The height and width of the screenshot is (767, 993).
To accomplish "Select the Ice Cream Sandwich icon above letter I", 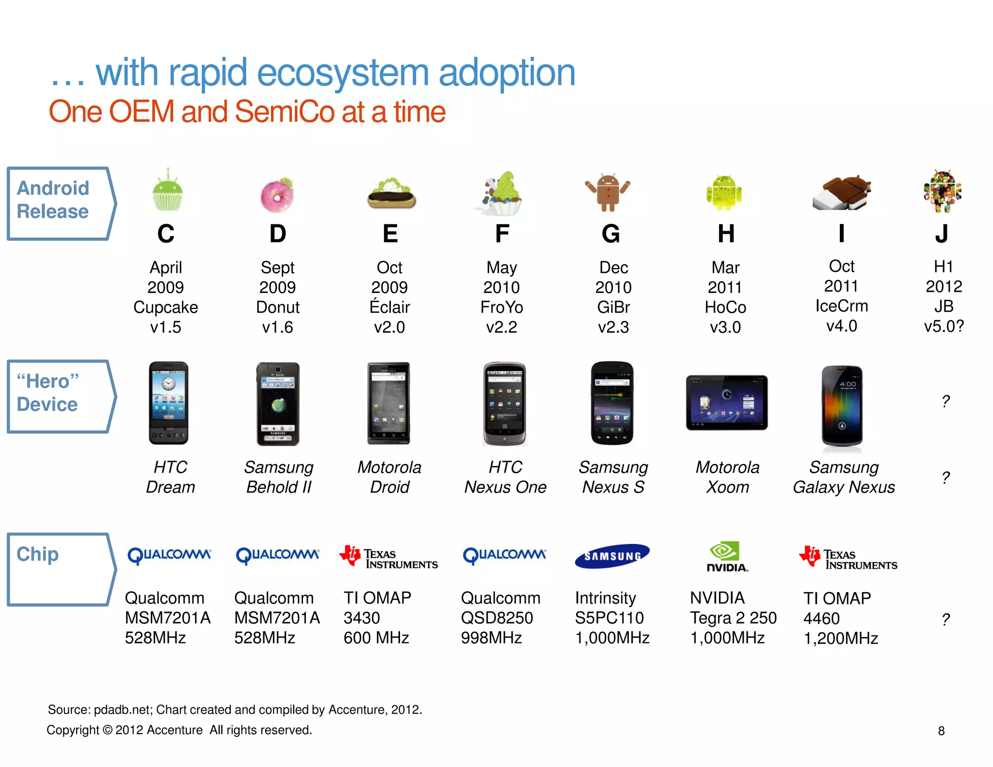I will click(841, 193).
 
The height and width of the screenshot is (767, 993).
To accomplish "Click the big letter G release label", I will click(611, 234).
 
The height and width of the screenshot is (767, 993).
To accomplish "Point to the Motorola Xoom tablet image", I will click(726, 402).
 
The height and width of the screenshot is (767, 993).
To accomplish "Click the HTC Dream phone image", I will click(168, 403).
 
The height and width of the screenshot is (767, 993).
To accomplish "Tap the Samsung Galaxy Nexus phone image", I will click(842, 406).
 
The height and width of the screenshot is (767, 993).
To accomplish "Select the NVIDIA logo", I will click(726, 556).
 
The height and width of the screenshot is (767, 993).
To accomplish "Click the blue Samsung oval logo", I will click(612, 556).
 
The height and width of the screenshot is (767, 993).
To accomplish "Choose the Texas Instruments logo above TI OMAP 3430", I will click(388, 558).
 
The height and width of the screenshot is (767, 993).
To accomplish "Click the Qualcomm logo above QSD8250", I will click(504, 555).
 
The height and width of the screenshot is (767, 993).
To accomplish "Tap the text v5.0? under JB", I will click(944, 326).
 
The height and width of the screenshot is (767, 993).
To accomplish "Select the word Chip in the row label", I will click(37, 554).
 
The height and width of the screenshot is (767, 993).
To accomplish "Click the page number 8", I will click(941, 731).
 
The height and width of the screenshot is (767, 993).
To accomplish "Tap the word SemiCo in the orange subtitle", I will click(284, 112).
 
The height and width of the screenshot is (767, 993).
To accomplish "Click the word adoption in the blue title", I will click(507, 73).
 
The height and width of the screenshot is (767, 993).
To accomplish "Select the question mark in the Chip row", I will click(945, 619).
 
